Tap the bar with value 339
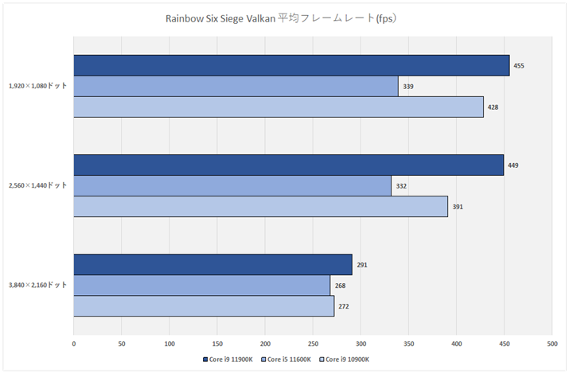[x=236, y=86]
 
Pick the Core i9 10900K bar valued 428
[x=279, y=107]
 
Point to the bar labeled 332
[x=232, y=185]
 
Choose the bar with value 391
[x=260, y=206]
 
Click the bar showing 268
[x=201, y=285]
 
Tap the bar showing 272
[x=204, y=305]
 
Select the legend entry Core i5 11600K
[x=290, y=359]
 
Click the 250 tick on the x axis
[x=313, y=344]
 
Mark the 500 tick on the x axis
[x=551, y=344]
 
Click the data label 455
[x=519, y=65]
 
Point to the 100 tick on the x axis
[x=170, y=344]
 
